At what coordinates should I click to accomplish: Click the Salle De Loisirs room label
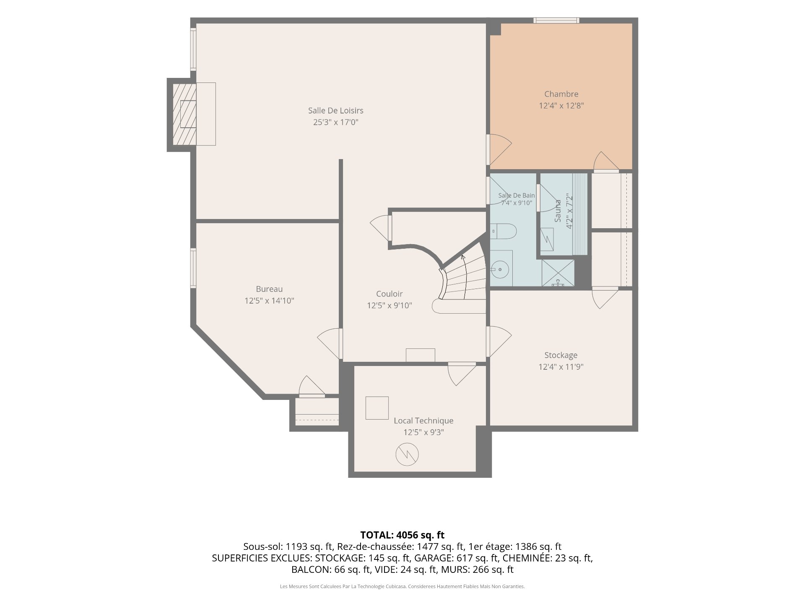pos(335,111)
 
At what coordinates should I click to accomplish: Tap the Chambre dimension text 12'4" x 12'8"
pos(561,106)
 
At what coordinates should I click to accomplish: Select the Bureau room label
pos(269,289)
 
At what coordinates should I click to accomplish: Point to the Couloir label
pos(389,294)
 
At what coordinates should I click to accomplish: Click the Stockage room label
pos(561,355)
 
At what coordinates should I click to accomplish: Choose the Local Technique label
pos(423,421)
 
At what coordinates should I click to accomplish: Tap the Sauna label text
pos(558,211)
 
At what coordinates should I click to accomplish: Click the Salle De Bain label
pos(517,196)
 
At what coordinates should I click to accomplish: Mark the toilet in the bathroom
pos(504,231)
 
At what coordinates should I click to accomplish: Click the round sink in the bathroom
pos(500,270)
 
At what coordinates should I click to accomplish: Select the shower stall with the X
pos(558,273)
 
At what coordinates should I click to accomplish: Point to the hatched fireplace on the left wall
pos(184,114)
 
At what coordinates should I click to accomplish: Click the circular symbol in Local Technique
pos(407,454)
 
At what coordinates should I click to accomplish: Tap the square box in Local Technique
pos(377,407)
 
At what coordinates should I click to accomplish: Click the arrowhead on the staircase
pos(463,258)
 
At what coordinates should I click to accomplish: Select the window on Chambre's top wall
pos(556,20)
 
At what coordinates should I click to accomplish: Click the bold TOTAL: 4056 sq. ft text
pos(402,535)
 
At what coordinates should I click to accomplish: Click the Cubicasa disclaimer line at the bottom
pos(402,587)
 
